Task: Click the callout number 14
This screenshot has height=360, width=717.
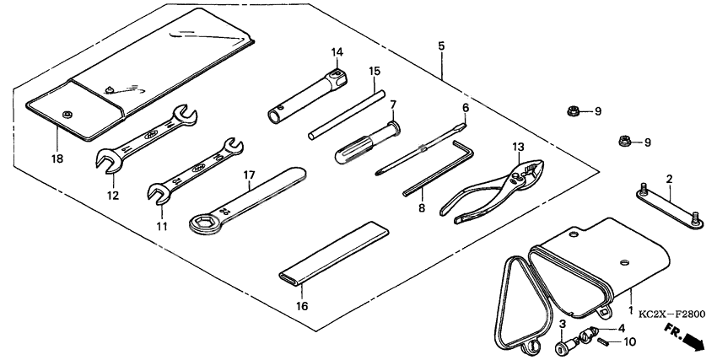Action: pyautogui.click(x=337, y=52)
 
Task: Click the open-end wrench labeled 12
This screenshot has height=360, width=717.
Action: pyautogui.click(x=148, y=135)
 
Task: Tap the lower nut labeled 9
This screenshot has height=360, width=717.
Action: pyautogui.click(x=625, y=142)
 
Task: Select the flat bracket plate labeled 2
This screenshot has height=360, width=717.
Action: pyautogui.click(x=666, y=205)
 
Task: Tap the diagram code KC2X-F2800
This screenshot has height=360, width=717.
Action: pyautogui.click(x=671, y=314)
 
